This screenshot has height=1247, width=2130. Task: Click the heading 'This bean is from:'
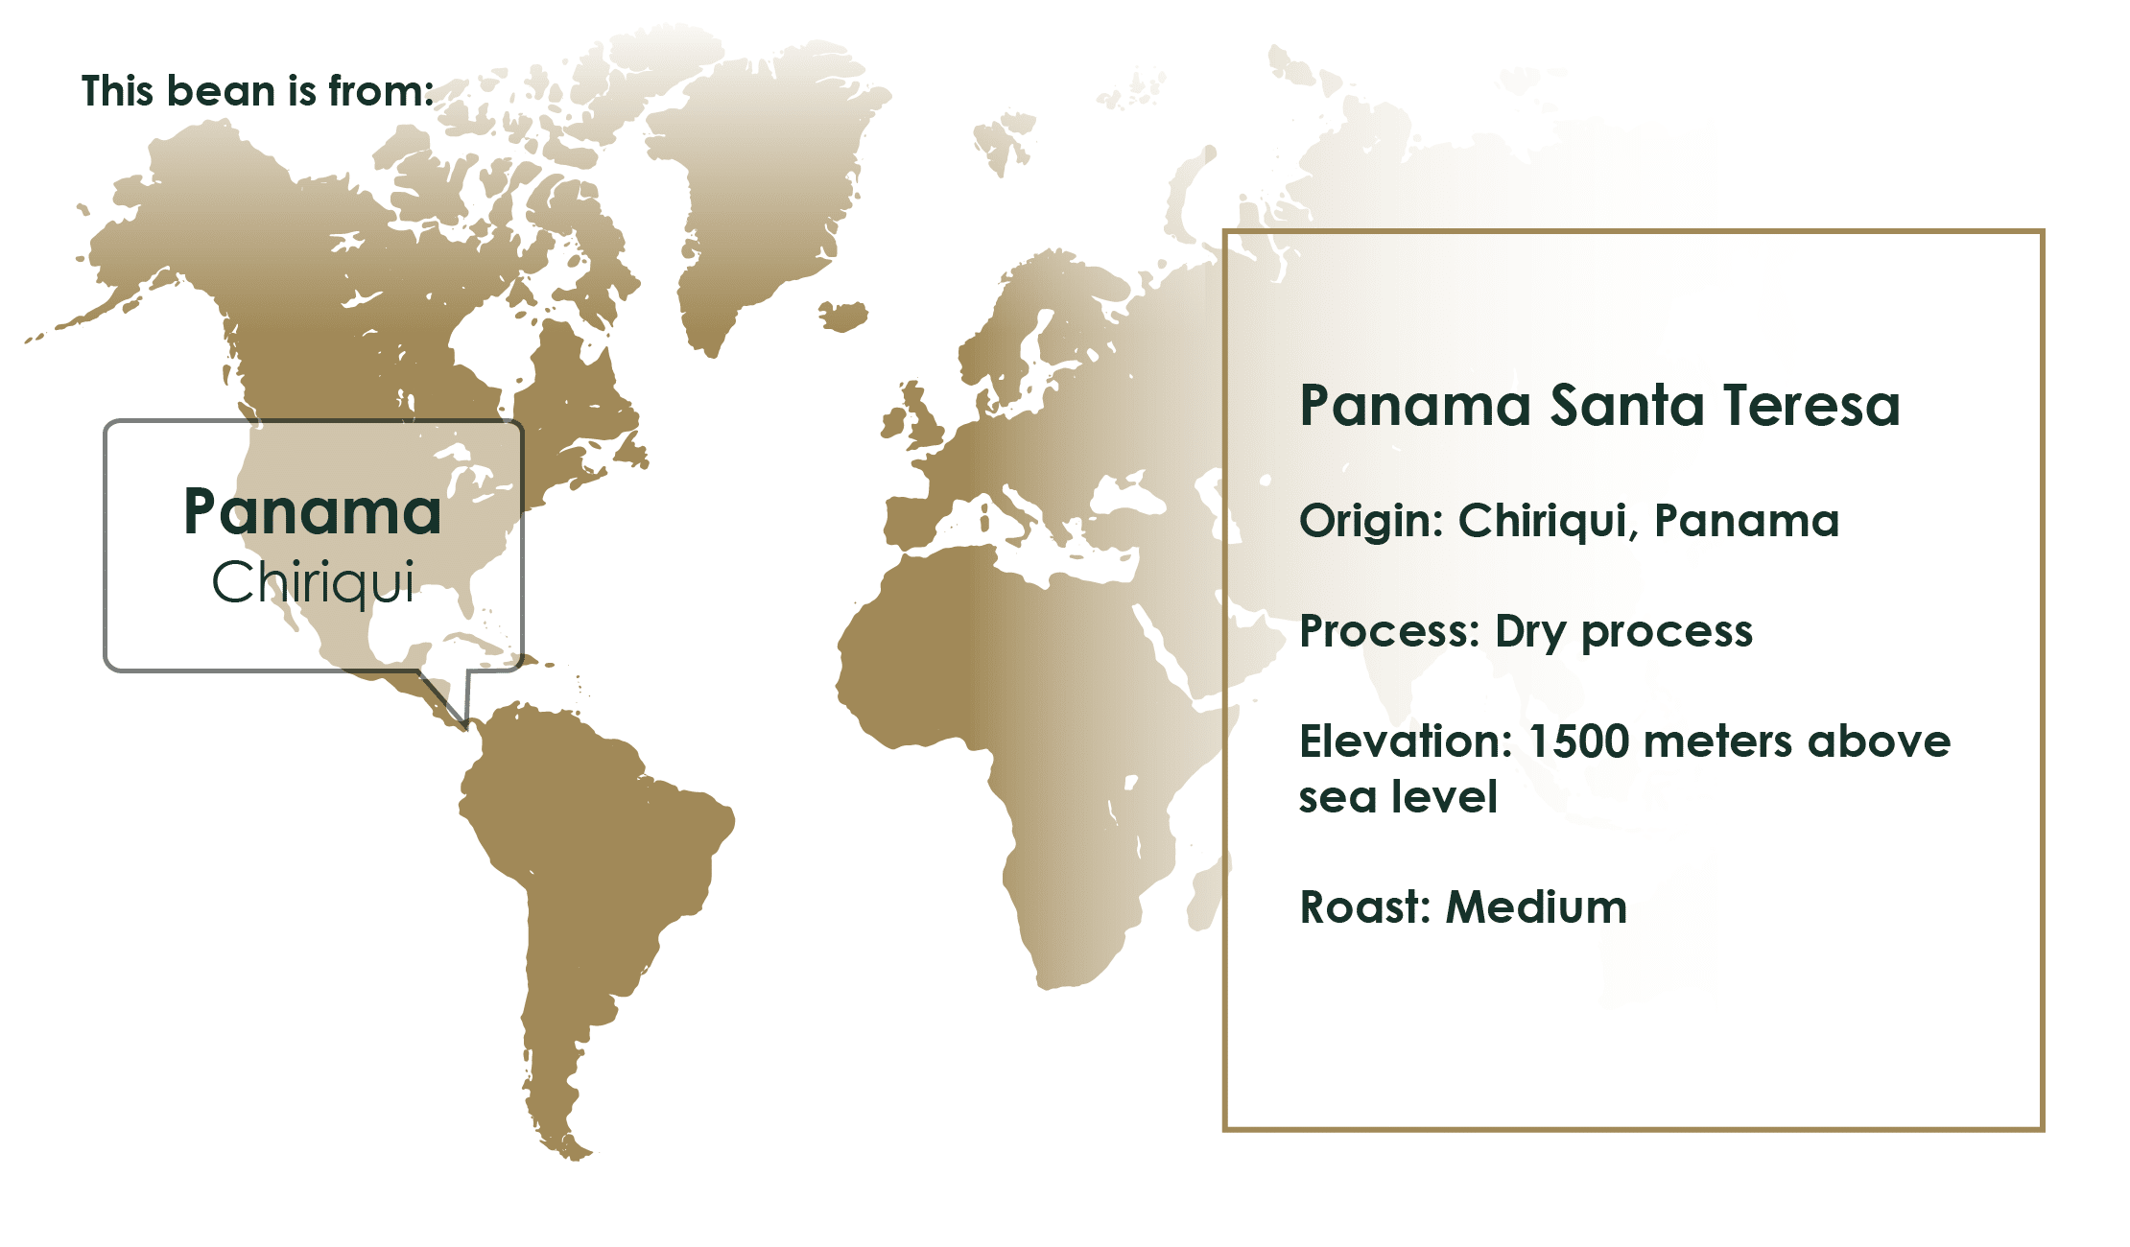(x=257, y=91)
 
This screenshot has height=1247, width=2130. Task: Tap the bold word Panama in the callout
(x=313, y=511)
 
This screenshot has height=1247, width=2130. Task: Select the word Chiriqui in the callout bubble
(x=313, y=581)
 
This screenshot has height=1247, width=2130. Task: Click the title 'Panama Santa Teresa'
(x=1599, y=405)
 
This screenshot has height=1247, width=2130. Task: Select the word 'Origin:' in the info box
(x=1372, y=522)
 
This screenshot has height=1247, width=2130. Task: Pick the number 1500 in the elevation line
(x=1578, y=741)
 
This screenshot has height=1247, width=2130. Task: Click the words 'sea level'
(x=1398, y=797)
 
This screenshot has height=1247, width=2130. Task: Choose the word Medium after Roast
(x=1536, y=906)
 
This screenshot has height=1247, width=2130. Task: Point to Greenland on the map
(x=758, y=192)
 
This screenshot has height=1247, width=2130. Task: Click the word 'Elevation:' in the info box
(x=1406, y=741)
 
